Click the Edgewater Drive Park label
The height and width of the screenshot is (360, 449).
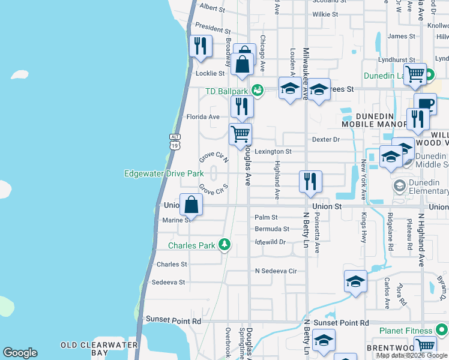coord(164,173)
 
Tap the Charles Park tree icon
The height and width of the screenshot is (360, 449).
coord(224,244)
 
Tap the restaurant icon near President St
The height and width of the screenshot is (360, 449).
coord(200,46)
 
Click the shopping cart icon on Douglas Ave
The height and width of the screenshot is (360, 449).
coord(241,134)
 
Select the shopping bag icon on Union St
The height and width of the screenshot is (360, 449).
coord(191,205)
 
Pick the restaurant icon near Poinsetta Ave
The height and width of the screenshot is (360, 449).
coord(310,181)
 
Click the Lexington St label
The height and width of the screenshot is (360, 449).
coord(273,152)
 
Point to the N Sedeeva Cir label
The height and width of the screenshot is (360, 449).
coord(276,271)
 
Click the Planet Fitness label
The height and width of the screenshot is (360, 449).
coord(406,331)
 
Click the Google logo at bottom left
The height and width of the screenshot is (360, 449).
coord(20,353)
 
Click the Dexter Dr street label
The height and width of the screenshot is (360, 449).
coord(326,139)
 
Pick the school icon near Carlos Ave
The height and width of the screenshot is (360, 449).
coord(355,281)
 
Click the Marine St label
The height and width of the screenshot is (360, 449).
coord(176,220)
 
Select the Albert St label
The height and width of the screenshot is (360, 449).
coord(211,7)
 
